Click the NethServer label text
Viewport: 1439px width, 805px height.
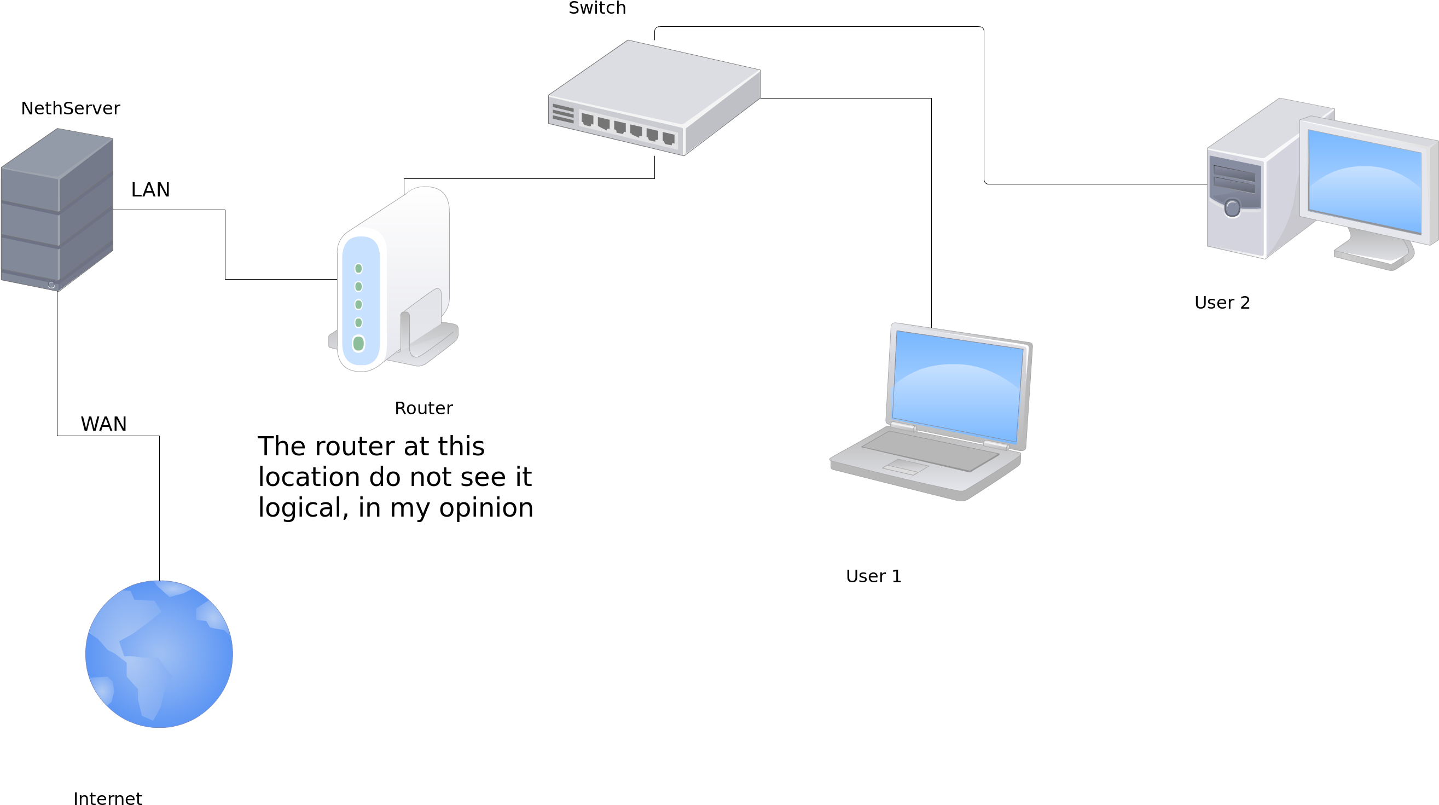(x=71, y=108)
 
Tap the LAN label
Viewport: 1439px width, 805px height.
(x=150, y=189)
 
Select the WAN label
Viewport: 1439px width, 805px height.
(x=103, y=424)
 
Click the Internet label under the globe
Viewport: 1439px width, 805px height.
(x=108, y=798)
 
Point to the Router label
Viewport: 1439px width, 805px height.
(x=423, y=408)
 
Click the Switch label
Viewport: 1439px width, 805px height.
(x=597, y=8)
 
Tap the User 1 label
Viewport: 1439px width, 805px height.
(x=874, y=576)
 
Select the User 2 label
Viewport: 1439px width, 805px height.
(x=1222, y=302)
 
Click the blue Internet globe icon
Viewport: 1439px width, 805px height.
(x=159, y=654)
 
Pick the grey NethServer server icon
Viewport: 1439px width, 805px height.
(x=57, y=210)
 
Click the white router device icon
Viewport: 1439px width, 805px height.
(x=393, y=279)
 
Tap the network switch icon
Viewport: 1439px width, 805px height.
(x=654, y=98)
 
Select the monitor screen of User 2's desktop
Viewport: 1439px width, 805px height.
(x=1364, y=181)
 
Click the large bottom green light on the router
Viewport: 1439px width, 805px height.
(x=358, y=344)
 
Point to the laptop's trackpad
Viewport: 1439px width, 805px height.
(x=905, y=466)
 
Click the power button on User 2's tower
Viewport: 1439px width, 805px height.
(x=1232, y=209)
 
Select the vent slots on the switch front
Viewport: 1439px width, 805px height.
(x=563, y=113)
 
